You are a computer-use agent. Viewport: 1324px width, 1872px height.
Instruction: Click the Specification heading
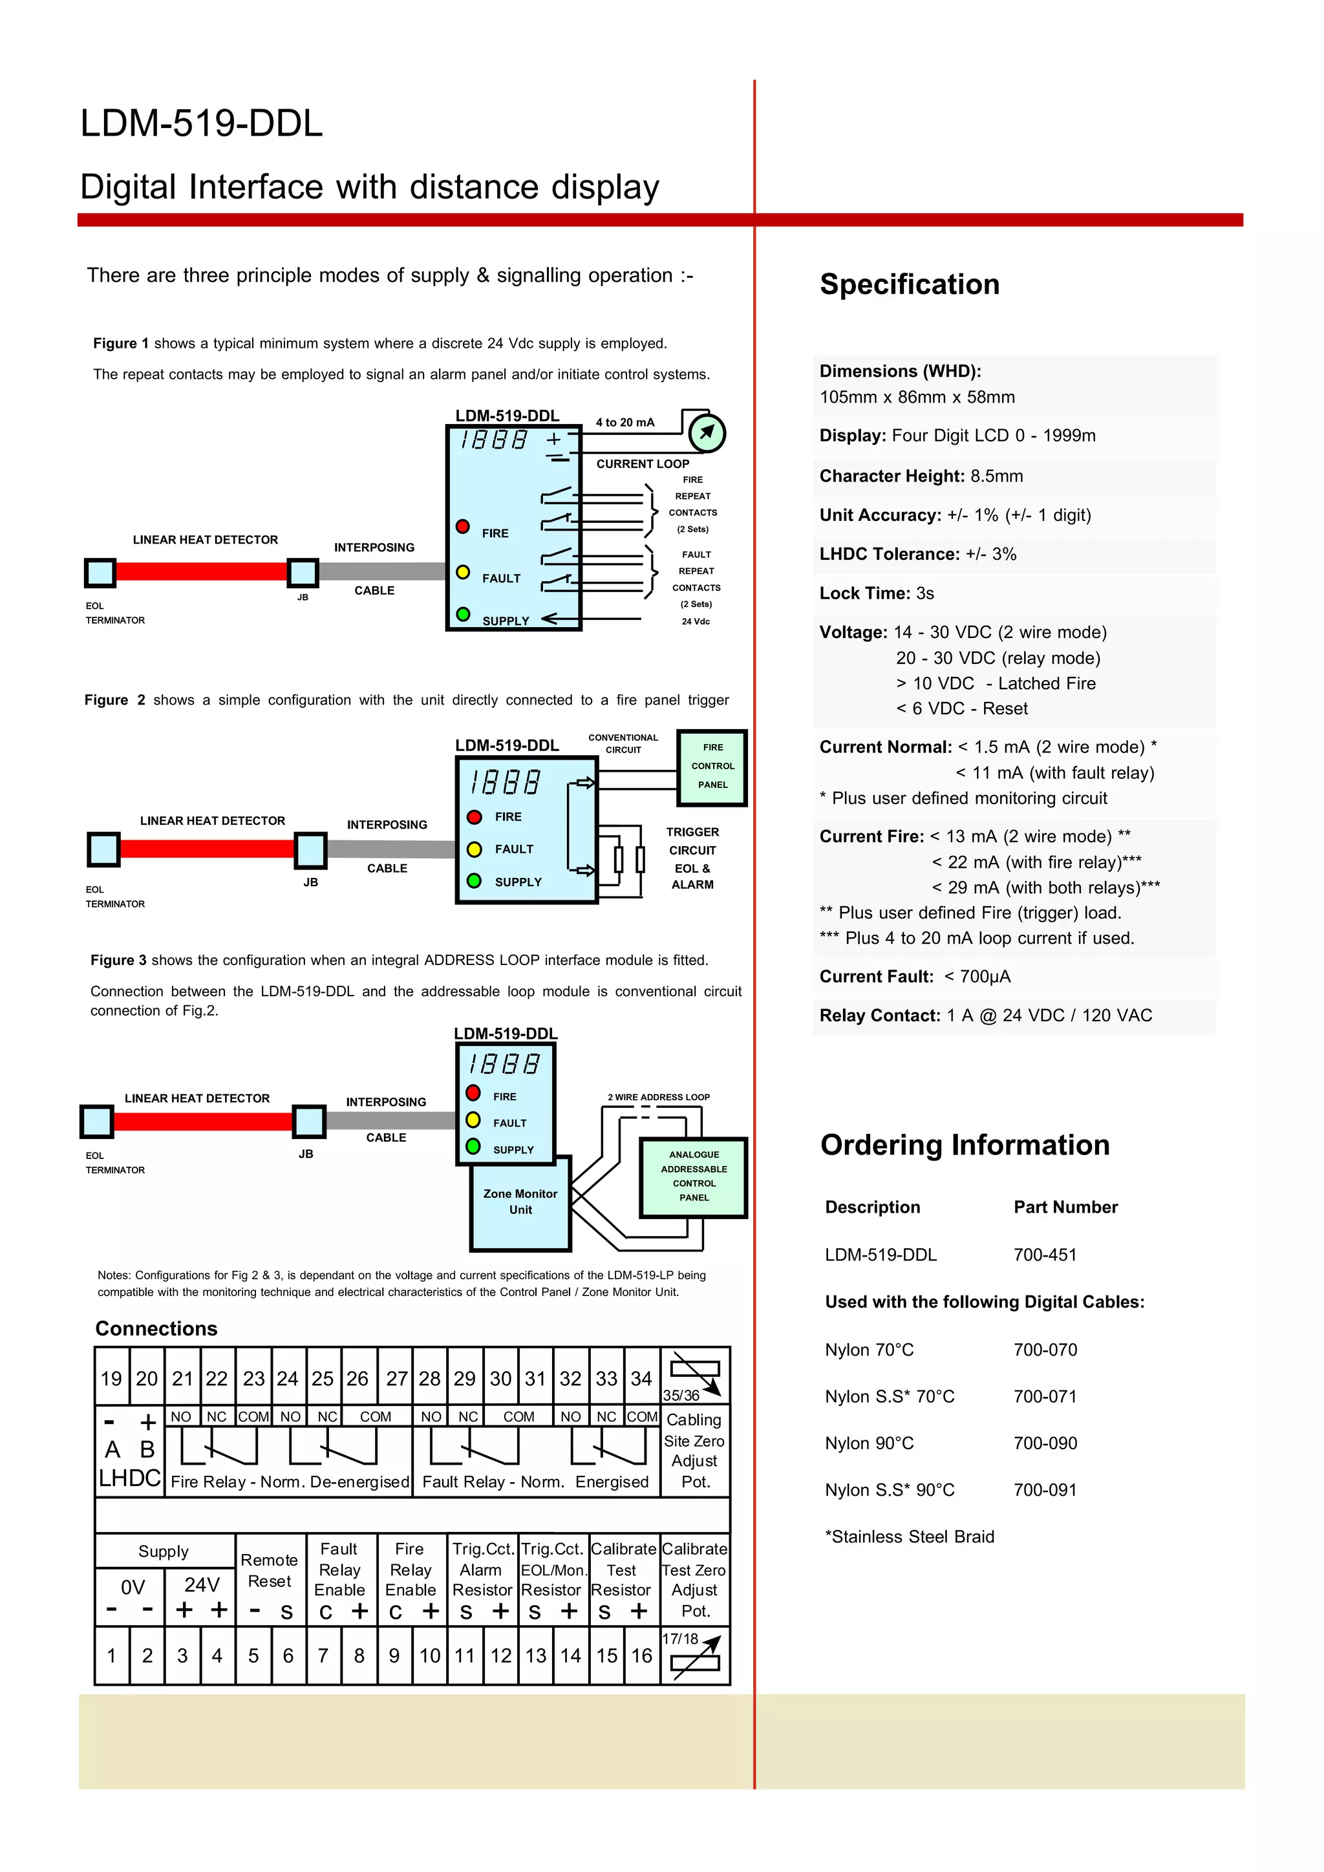pyautogui.click(x=909, y=284)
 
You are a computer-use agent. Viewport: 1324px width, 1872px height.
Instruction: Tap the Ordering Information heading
pyautogui.click(x=965, y=1145)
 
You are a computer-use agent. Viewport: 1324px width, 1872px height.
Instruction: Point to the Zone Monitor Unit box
pyautogui.click(x=520, y=1202)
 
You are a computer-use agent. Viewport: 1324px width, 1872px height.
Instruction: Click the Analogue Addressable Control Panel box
pyautogui.click(x=694, y=1176)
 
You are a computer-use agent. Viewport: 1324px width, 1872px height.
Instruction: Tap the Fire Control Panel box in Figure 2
pyautogui.click(x=712, y=767)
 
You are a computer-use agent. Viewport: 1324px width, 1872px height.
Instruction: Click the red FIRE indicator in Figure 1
pyautogui.click(x=462, y=526)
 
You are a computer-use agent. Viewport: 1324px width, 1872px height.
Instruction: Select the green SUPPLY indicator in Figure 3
pyautogui.click(x=473, y=1146)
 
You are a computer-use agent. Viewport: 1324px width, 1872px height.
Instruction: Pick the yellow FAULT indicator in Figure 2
pyautogui.click(x=475, y=849)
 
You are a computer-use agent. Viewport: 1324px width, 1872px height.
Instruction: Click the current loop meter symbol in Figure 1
pyautogui.click(x=706, y=432)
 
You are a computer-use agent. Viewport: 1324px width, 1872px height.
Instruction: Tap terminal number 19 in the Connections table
pyautogui.click(x=112, y=1379)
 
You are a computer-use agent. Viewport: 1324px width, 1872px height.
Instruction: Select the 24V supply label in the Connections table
pyautogui.click(x=201, y=1584)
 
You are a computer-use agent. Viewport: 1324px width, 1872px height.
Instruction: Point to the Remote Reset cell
pyautogui.click(x=270, y=1570)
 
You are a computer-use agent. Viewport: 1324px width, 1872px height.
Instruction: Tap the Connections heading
pyautogui.click(x=156, y=1328)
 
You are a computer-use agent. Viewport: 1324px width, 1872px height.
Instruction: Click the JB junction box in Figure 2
pyautogui.click(x=310, y=851)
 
